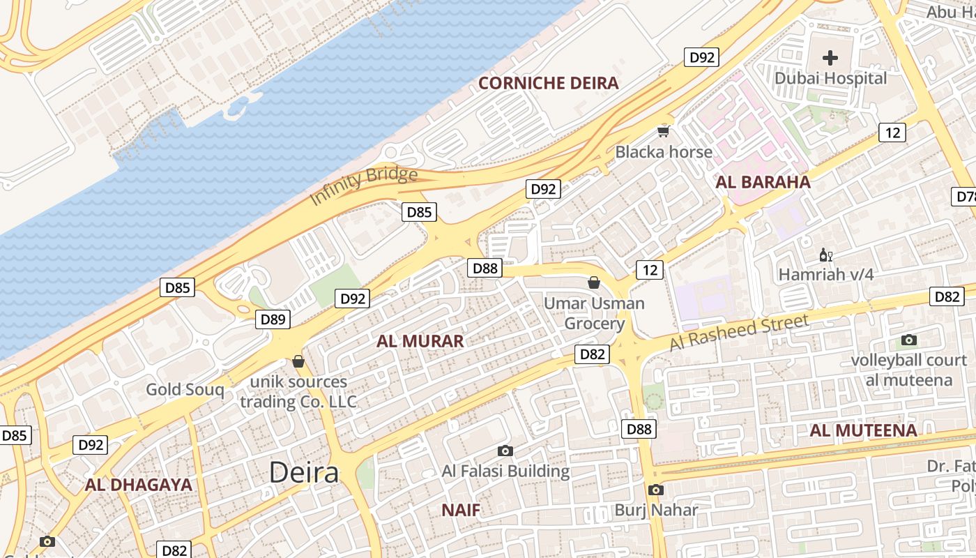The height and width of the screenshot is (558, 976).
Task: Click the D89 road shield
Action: tap(273, 319)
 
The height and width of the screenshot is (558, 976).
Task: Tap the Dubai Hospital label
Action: tap(831, 78)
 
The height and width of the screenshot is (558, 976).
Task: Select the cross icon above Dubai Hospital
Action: tap(830, 58)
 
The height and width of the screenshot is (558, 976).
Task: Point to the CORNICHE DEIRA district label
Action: tap(549, 84)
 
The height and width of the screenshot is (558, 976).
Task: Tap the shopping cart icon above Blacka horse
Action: tap(664, 130)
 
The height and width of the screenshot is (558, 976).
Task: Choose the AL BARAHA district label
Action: tap(763, 183)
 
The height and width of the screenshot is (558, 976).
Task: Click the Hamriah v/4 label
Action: tap(825, 275)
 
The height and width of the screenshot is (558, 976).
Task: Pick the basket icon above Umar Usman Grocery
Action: tap(594, 282)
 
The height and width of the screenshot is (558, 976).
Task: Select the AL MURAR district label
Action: tap(420, 341)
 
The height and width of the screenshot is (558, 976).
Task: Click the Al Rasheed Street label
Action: tap(739, 332)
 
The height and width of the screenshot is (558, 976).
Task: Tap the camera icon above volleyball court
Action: tap(908, 340)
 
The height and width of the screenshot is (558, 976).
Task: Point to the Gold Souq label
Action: tap(185, 390)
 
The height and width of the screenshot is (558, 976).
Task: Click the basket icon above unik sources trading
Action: tap(298, 361)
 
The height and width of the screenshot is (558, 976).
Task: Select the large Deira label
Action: tap(304, 472)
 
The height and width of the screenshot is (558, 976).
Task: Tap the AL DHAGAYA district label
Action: tap(138, 485)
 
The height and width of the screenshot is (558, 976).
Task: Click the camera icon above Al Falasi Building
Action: tap(505, 451)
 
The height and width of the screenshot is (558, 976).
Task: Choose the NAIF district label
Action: tap(461, 510)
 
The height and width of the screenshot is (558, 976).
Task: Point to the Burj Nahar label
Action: tap(655, 510)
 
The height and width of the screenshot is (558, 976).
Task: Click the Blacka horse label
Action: tap(664, 152)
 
